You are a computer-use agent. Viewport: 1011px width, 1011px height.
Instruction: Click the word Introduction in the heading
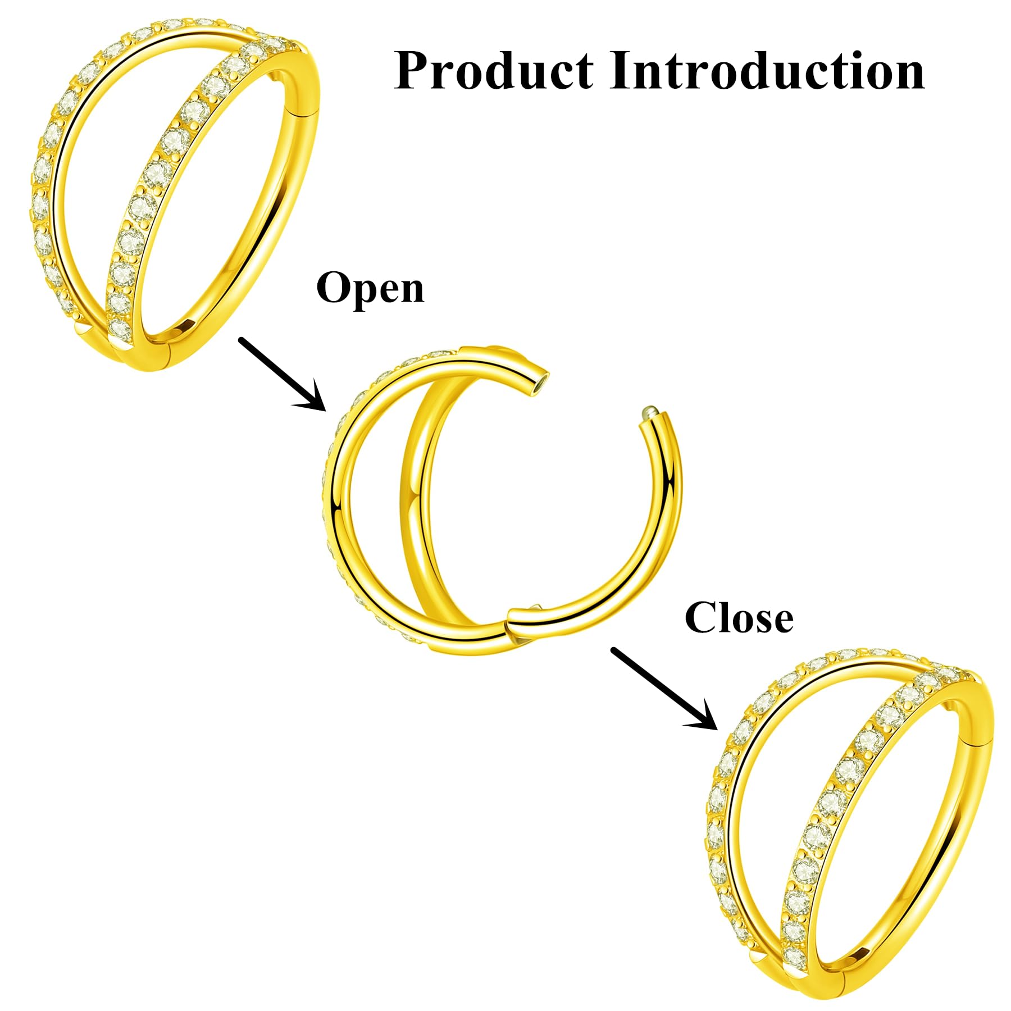tap(767, 71)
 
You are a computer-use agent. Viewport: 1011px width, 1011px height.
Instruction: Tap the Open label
tap(370, 288)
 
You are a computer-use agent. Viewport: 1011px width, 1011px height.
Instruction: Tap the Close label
tap(739, 618)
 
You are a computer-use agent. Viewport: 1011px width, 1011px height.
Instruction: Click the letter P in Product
tap(413, 71)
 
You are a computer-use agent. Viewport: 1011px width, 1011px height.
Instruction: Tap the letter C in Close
tap(701, 618)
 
